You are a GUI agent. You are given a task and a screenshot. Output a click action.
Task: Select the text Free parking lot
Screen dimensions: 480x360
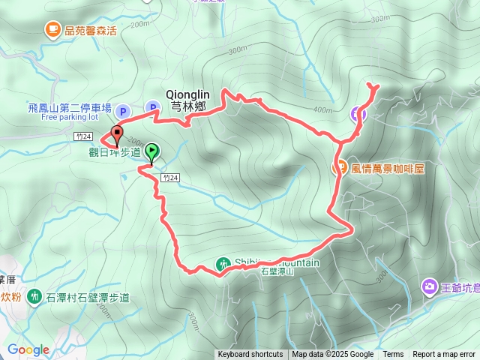(70, 117)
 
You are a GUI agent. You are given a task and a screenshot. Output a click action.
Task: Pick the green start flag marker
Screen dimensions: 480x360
(151, 153)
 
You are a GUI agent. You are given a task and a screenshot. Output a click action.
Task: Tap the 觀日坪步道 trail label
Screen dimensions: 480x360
(115, 152)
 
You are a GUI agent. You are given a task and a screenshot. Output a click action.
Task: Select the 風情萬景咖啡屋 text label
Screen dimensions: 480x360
(387, 169)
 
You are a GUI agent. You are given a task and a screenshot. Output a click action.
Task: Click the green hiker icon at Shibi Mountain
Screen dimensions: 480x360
(223, 264)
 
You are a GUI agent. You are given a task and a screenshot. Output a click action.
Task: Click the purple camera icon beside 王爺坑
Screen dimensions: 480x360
(430, 286)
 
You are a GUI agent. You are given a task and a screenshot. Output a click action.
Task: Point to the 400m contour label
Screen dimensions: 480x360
(322, 110)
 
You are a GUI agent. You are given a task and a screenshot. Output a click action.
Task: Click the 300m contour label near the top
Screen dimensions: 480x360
(237, 50)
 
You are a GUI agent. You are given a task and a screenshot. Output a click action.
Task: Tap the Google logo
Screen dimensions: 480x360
(28, 350)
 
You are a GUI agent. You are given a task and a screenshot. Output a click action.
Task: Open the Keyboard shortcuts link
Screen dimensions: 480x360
(250, 355)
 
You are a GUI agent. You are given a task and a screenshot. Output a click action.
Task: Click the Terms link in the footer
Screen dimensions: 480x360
(393, 355)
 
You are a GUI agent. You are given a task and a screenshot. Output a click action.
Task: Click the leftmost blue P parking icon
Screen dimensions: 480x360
(124, 112)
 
